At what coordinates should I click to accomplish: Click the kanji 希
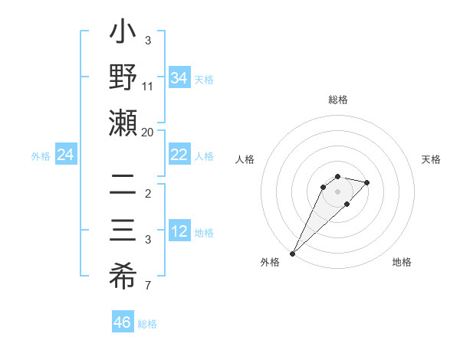[x=123, y=273]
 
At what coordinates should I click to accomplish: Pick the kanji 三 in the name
[x=123, y=230]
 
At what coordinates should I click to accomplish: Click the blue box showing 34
[x=179, y=78]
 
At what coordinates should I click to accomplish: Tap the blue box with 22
[x=179, y=155]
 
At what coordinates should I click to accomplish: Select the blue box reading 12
[x=179, y=231]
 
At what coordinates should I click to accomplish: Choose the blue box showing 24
[x=65, y=155]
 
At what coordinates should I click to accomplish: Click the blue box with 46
[x=123, y=322]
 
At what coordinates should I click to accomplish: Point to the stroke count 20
[x=147, y=132]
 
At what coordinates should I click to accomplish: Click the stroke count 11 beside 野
[x=147, y=86]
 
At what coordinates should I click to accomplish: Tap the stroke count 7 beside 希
[x=147, y=286]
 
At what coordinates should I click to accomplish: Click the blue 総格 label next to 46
[x=147, y=324]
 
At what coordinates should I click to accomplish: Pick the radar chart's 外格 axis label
[x=270, y=262]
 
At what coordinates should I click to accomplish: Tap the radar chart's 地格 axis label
[x=402, y=262]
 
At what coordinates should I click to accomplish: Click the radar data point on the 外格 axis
[x=293, y=253]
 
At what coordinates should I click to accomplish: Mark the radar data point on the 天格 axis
[x=367, y=182]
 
